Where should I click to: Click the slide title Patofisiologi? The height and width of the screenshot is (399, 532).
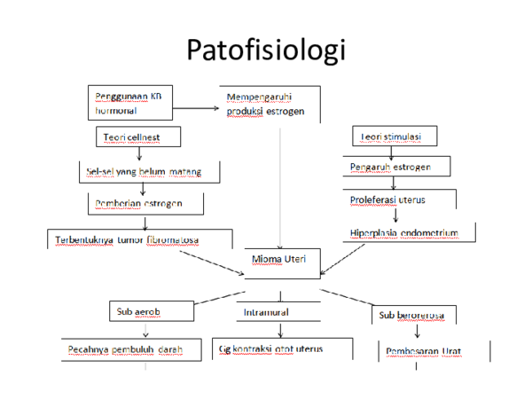tap(265, 51)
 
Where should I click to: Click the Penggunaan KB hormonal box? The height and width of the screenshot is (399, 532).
tap(129, 102)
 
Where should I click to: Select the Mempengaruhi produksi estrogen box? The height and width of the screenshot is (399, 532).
tap(266, 104)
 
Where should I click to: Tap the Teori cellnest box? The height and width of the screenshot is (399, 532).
tap(138, 136)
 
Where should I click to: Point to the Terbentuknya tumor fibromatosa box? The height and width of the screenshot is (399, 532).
tap(134, 239)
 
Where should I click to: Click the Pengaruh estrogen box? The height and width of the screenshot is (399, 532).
tap(395, 167)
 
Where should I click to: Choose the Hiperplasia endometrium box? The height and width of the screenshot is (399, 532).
tap(404, 233)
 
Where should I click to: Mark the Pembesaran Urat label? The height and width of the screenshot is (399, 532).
tap(425, 352)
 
